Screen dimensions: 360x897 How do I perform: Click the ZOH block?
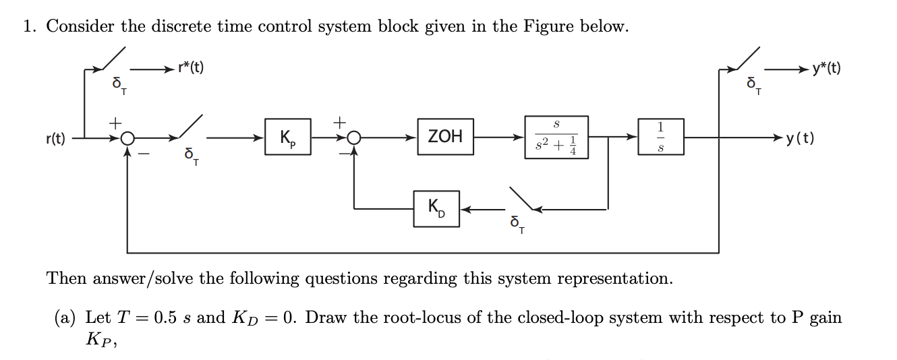[445, 137]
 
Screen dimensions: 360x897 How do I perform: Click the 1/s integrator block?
[660, 138]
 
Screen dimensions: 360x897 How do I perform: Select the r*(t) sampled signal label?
[190, 67]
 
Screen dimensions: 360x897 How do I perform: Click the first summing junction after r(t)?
[128, 139]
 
